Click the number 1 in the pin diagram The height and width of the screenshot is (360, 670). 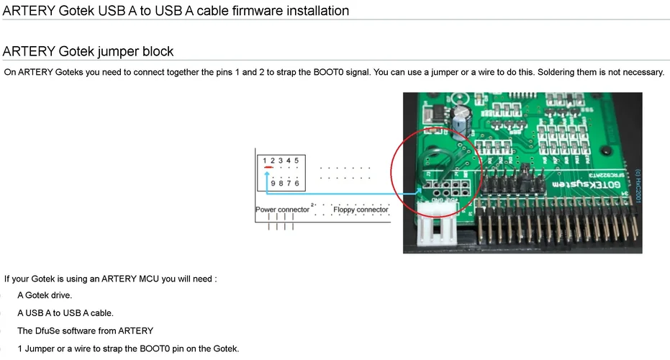click(264, 160)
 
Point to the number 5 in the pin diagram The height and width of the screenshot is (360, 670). click(296, 160)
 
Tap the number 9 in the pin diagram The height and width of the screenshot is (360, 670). click(273, 184)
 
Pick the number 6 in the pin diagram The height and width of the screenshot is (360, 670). click(296, 184)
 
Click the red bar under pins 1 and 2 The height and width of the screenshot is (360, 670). click(268, 168)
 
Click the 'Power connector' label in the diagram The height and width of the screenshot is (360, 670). click(282, 210)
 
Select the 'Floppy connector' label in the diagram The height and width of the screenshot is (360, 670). click(361, 210)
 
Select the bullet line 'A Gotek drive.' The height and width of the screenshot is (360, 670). click(45, 295)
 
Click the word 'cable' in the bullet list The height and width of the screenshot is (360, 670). click(101, 313)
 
